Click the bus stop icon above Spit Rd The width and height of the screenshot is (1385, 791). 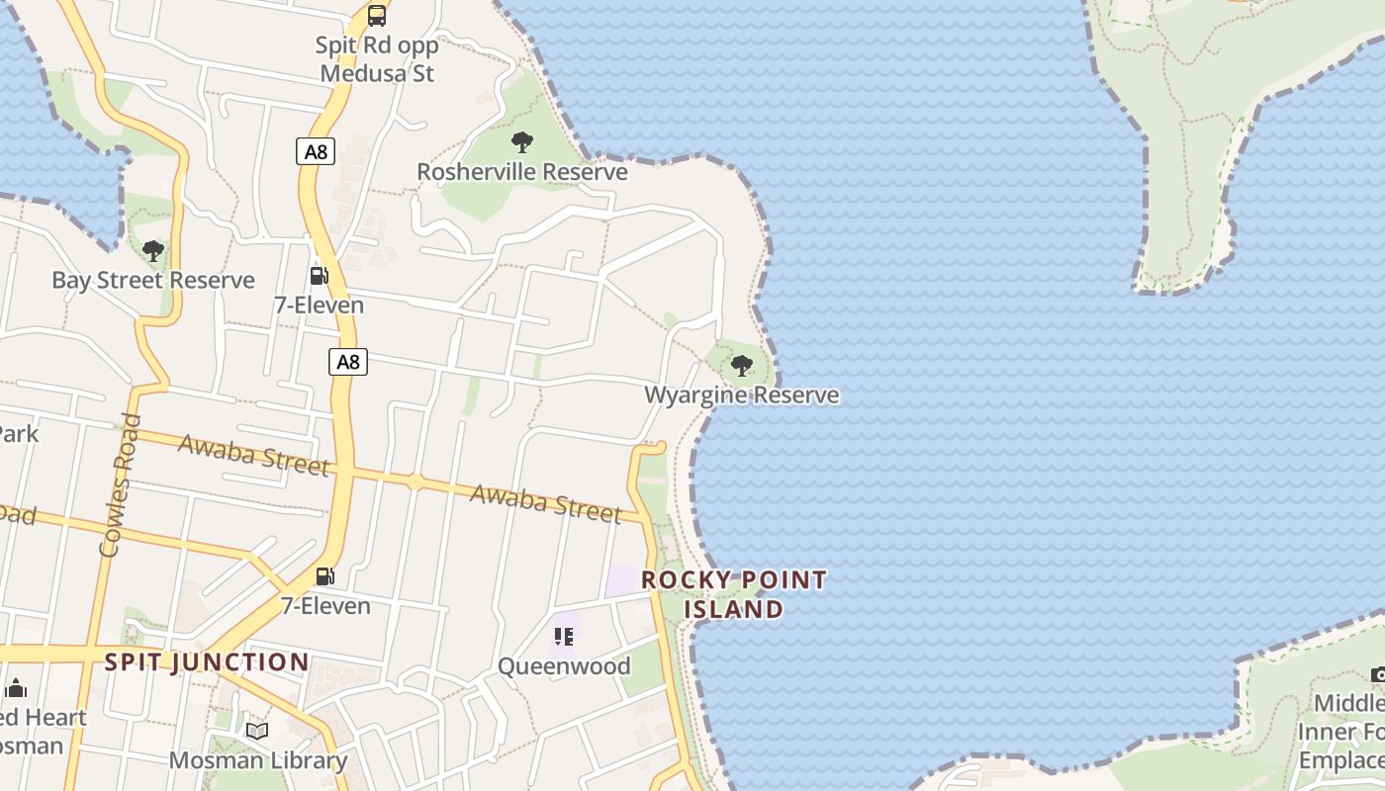[377, 15]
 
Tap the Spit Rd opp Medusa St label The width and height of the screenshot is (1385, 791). [377, 59]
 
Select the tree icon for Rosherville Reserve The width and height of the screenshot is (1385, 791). [522, 142]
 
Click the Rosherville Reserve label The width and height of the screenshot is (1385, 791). [522, 172]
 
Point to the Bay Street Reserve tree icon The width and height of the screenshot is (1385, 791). [152, 251]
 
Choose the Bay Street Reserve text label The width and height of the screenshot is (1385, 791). [153, 281]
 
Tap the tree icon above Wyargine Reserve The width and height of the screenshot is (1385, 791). [741, 367]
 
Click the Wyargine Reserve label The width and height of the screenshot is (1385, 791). [742, 395]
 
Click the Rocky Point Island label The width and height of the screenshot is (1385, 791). [734, 594]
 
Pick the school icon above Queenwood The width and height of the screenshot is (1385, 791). [564, 637]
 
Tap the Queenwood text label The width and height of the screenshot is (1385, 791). [564, 666]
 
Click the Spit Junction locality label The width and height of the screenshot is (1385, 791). [207, 662]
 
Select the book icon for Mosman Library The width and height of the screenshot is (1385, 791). [257, 732]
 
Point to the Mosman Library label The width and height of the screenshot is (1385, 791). [258, 761]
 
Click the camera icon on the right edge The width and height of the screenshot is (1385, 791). [1378, 674]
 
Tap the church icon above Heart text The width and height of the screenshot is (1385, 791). [16, 689]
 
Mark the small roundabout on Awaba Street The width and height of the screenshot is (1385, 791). [415, 483]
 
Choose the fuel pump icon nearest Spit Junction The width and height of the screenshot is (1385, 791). [324, 576]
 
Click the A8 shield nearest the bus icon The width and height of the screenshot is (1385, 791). [316, 152]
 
